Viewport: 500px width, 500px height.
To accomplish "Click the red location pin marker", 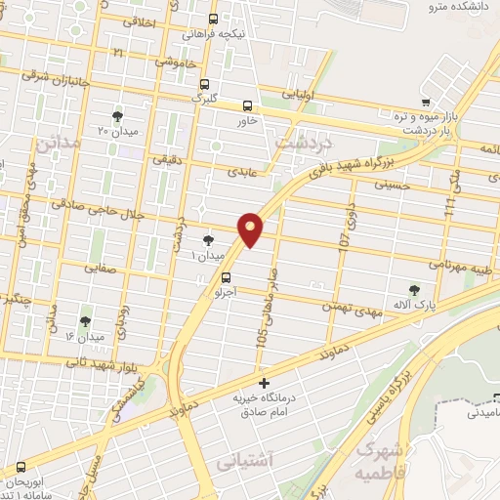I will pyautogui.click(x=251, y=229).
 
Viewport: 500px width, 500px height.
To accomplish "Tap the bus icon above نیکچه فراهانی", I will pyautogui.click(x=214, y=19).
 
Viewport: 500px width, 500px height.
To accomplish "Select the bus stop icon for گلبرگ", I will pyautogui.click(x=204, y=83).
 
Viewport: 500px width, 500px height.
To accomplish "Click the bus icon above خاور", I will pyautogui.click(x=246, y=105).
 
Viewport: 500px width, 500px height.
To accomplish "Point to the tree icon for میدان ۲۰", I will pyautogui.click(x=118, y=115).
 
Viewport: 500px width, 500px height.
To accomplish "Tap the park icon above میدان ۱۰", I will pyautogui.click(x=207, y=239).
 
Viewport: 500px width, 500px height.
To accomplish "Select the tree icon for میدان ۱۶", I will pyautogui.click(x=84, y=320).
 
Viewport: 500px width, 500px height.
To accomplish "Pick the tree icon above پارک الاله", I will pyautogui.click(x=415, y=290).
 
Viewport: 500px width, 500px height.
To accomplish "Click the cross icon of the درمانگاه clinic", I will pyautogui.click(x=262, y=382).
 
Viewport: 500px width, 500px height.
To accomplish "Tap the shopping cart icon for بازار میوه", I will pyautogui.click(x=425, y=103).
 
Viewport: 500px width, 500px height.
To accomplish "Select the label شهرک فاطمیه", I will pyautogui.click(x=381, y=459).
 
